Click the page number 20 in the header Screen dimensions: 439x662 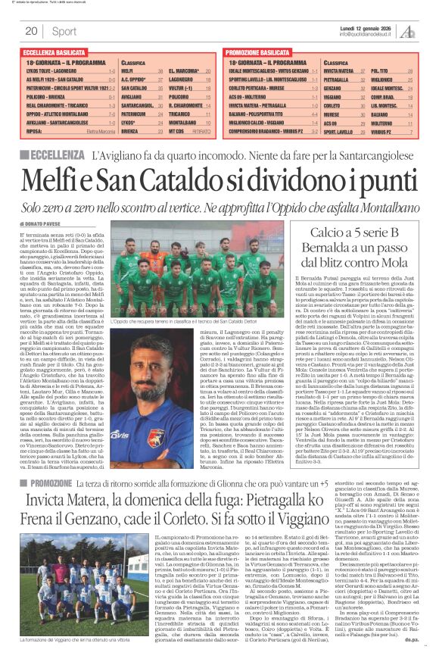click(31, 31)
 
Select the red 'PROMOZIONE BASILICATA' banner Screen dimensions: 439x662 click(262, 52)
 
